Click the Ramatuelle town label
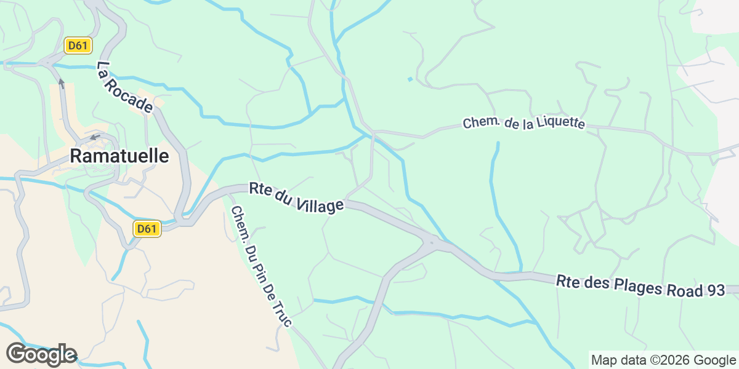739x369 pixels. tap(119, 156)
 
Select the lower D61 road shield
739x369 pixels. tap(147, 229)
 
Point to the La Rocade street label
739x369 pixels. tap(124, 87)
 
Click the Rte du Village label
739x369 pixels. tap(296, 197)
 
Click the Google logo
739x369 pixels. tap(41, 355)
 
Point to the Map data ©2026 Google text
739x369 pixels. tap(663, 360)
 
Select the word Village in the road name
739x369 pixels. tap(318, 202)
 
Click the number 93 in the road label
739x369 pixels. tap(714, 291)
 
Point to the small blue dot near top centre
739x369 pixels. tap(410, 79)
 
